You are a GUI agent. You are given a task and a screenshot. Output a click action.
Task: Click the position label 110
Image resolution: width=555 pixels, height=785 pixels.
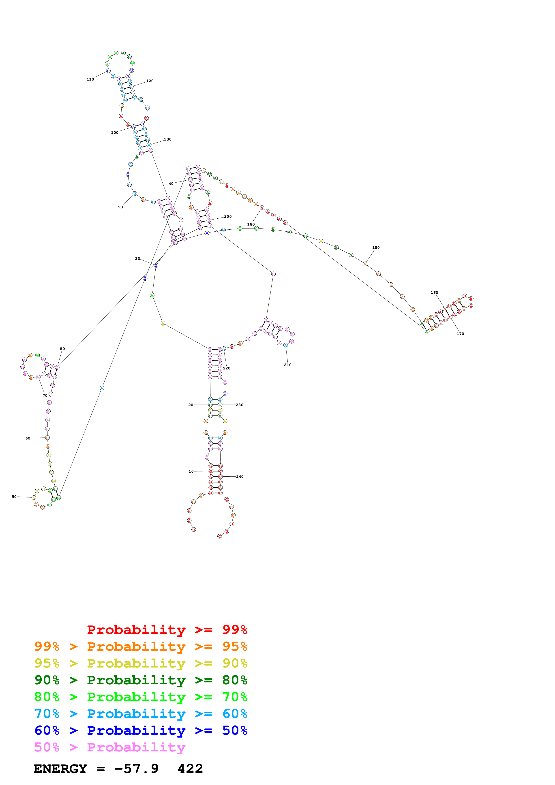[90, 79]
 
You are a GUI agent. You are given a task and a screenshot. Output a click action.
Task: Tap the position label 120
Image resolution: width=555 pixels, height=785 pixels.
[150, 81]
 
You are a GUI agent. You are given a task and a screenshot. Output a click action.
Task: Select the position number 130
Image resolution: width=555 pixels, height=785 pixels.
[167, 139]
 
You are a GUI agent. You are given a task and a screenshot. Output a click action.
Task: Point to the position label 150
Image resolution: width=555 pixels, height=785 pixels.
[376, 247]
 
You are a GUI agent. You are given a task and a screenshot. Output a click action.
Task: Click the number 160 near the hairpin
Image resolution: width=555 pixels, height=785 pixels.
[434, 293]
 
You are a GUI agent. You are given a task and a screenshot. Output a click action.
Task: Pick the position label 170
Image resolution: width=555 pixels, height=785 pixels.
[460, 334]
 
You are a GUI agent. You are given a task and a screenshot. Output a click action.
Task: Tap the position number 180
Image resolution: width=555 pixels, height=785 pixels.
[251, 224]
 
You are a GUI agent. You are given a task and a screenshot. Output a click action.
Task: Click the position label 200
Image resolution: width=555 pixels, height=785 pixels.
[228, 216]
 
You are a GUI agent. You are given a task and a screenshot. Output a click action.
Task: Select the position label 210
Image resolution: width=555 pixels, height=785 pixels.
[288, 365]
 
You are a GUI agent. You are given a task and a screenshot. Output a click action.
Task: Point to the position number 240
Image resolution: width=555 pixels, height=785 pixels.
[240, 477]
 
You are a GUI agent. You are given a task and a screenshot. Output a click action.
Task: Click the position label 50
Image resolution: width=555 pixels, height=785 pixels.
[14, 497]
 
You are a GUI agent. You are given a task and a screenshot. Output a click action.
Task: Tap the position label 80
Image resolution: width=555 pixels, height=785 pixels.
[62, 349]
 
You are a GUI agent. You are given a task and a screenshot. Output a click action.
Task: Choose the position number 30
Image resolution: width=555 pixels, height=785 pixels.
[137, 259]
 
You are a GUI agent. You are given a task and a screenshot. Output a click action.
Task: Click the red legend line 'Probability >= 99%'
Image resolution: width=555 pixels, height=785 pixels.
[167, 629]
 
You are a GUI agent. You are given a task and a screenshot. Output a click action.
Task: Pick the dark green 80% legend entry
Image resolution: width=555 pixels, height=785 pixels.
[141, 680]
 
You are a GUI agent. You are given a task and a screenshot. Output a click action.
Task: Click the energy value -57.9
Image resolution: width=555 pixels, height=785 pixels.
[136, 769]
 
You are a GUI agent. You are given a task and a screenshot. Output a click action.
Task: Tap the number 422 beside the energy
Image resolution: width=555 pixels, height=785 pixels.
[190, 769]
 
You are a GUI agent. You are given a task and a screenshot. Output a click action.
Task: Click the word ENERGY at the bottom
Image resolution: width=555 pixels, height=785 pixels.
[60, 769]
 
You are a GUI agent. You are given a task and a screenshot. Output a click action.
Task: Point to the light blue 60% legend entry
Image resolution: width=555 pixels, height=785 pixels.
[141, 714]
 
